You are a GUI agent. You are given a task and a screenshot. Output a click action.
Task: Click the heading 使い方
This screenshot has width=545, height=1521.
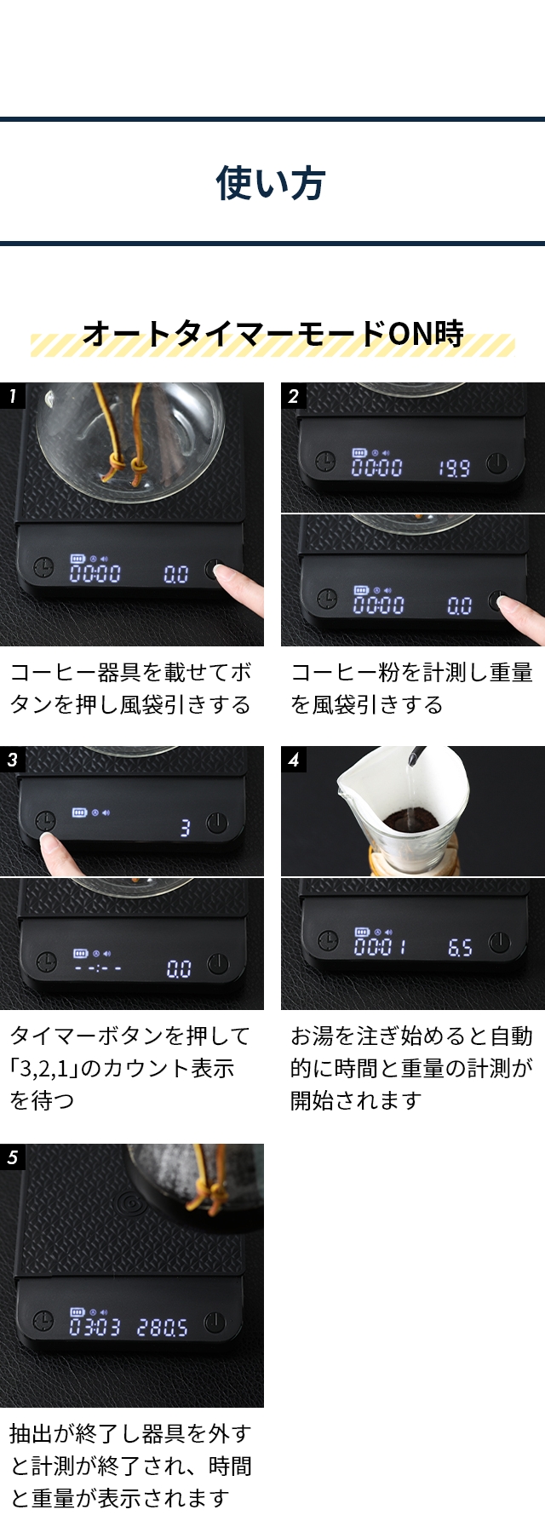click(x=271, y=183)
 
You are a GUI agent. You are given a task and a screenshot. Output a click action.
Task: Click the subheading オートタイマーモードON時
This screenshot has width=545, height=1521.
click(x=272, y=333)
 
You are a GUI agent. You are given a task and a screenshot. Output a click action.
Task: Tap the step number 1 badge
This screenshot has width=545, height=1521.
click(x=13, y=396)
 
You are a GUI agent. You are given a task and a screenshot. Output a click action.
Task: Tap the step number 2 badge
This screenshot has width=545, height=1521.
click(x=294, y=396)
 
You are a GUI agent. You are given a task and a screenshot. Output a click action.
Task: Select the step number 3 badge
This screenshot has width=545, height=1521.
click(x=13, y=760)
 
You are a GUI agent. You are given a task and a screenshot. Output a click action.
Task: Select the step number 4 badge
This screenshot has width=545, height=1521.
click(x=294, y=760)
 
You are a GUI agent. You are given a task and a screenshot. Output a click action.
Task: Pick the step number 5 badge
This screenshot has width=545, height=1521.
click(x=13, y=1157)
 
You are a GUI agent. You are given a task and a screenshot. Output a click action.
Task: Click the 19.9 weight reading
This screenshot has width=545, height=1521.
click(x=454, y=468)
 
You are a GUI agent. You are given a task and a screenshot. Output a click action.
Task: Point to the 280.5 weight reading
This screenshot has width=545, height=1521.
click(x=163, y=1328)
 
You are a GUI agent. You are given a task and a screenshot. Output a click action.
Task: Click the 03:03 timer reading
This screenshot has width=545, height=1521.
click(x=95, y=1327)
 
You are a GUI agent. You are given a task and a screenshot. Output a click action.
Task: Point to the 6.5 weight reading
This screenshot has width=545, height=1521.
click(x=460, y=948)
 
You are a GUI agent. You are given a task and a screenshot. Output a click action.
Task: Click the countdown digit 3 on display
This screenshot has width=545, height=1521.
click(x=185, y=827)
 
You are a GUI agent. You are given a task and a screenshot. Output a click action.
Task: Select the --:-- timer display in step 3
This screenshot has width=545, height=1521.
click(x=97, y=968)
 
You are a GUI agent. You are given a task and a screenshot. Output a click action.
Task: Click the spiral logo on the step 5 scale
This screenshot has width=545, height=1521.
click(x=132, y=1203)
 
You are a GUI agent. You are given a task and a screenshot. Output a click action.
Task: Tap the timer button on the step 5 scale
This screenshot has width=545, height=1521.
click(x=43, y=1322)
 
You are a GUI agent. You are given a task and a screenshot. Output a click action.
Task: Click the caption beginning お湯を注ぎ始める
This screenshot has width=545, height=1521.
click(x=411, y=1068)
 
